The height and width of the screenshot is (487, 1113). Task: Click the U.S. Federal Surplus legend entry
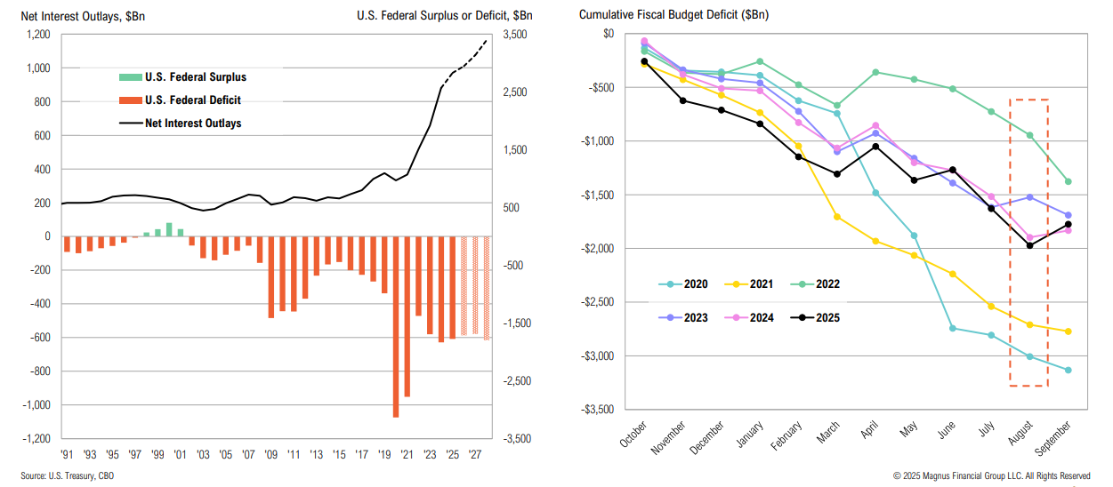tap(195, 77)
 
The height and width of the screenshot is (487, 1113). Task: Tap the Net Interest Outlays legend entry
tap(193, 123)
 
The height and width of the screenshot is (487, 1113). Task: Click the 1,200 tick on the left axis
tap(37, 35)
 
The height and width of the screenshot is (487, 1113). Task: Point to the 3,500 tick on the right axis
tap(515, 35)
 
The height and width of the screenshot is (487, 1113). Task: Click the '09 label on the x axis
tap(271, 453)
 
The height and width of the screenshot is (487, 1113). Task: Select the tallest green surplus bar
tap(169, 229)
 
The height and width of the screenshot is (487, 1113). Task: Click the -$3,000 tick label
tap(595, 356)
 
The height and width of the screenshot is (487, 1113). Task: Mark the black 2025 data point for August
tap(1030, 245)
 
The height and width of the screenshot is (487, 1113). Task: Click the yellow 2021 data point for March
tap(837, 217)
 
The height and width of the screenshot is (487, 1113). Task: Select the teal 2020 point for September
tap(1068, 370)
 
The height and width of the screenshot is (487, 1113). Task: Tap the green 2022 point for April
tap(875, 72)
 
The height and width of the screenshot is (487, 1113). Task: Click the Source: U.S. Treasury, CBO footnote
tap(68, 476)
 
